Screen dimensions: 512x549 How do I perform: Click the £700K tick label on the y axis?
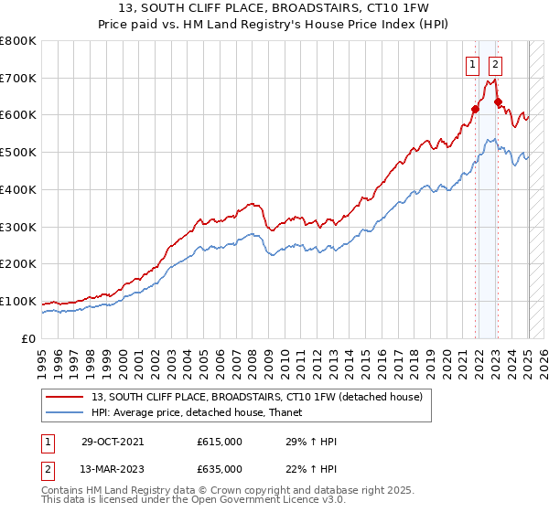pos(18,79)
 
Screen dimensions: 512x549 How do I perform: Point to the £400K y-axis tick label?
pos(18,190)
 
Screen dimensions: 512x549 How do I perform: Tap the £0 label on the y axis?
pos(29,339)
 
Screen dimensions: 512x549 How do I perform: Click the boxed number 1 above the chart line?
pos(472,64)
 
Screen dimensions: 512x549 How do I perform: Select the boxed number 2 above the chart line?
pos(495,64)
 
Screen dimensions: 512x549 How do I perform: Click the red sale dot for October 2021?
pos(476,110)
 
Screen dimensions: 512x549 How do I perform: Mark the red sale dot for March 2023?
pos(498,102)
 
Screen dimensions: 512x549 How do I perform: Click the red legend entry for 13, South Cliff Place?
pos(256,398)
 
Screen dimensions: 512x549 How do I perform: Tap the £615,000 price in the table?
pos(220,443)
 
